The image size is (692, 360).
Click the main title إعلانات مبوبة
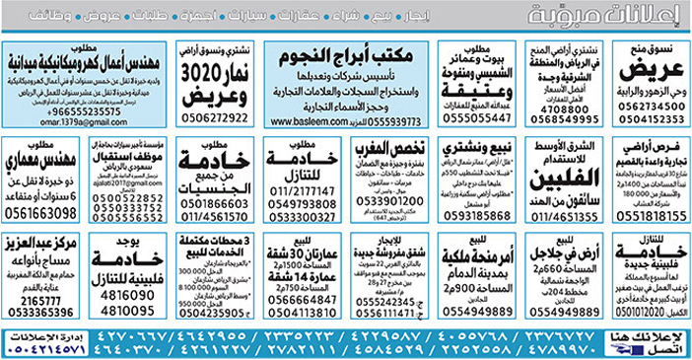608,17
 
